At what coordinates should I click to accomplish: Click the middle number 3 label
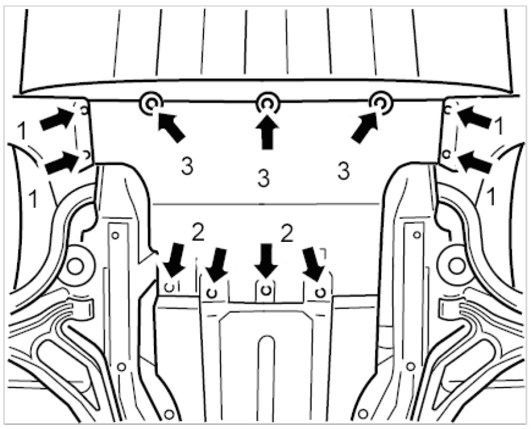(264, 178)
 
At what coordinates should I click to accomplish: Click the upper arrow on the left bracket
(57, 118)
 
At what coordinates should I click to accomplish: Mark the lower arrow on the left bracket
(61, 162)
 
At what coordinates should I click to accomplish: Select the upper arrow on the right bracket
(474, 117)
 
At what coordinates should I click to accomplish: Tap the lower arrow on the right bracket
(474, 161)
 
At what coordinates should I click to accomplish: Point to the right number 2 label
(287, 233)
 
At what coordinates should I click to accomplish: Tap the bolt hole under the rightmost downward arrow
(319, 291)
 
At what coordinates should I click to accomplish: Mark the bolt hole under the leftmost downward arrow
(170, 287)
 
